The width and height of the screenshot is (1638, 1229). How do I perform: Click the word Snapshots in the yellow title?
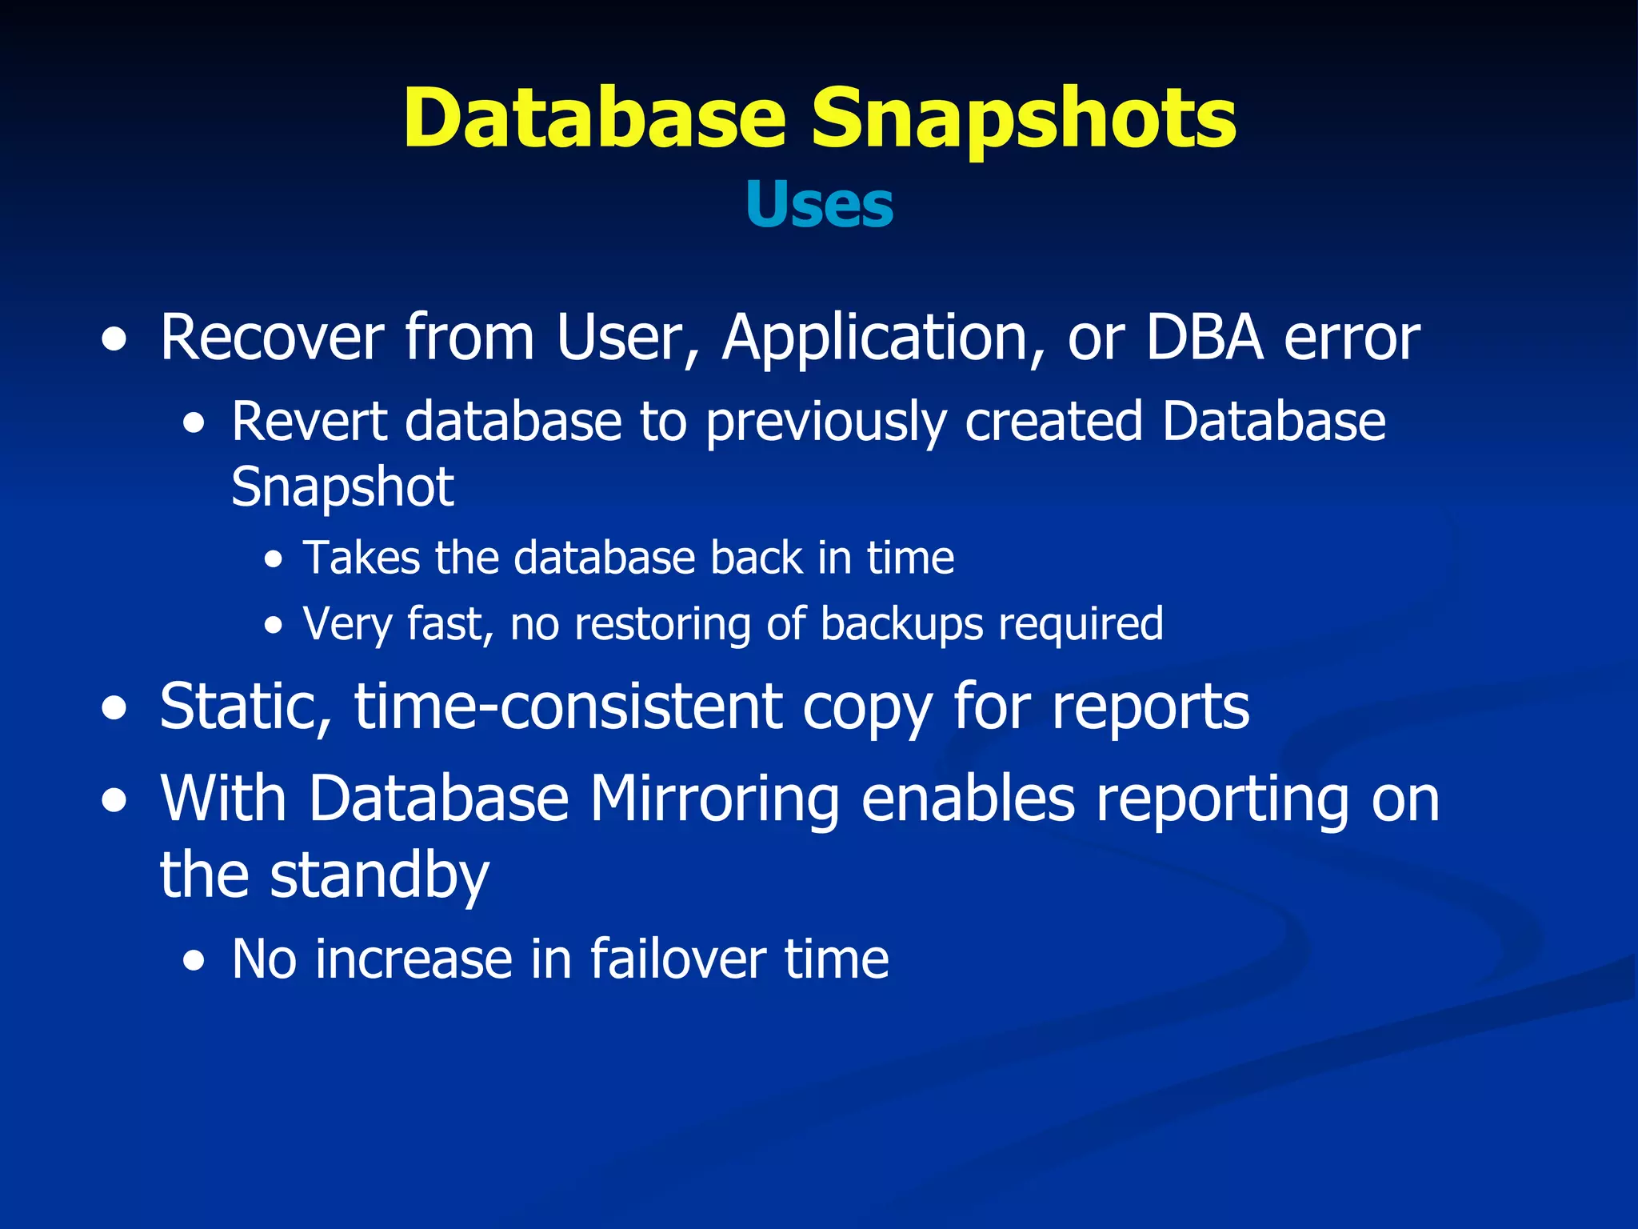click(x=1024, y=120)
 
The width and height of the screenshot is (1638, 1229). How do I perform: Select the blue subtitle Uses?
click(x=819, y=205)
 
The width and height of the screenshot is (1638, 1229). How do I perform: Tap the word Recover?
click(x=272, y=338)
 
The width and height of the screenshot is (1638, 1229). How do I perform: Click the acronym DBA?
click(x=1205, y=338)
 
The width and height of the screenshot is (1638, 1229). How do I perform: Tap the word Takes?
click(x=361, y=558)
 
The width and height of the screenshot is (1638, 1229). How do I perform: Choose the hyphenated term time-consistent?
click(x=569, y=707)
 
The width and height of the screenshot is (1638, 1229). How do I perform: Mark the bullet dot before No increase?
click(x=193, y=961)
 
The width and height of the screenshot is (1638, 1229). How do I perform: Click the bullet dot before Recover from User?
click(x=114, y=340)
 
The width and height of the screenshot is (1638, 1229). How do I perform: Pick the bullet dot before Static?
click(x=114, y=709)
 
